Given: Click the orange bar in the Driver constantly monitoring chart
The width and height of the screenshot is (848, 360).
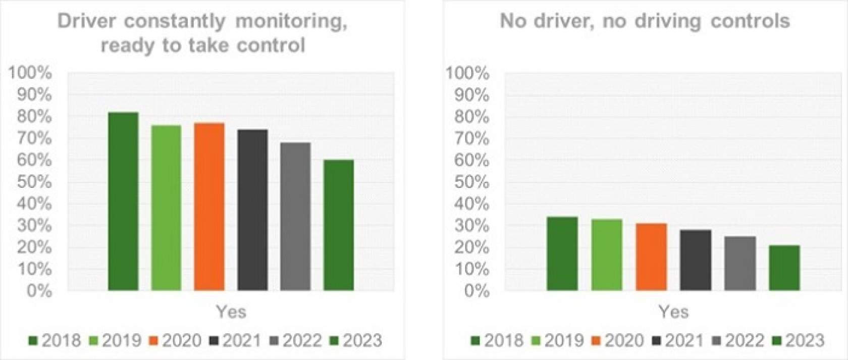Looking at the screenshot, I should click(209, 207).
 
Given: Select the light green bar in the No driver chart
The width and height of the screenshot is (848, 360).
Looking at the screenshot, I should click(607, 254).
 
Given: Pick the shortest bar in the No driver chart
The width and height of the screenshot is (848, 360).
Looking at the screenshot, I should click(784, 268).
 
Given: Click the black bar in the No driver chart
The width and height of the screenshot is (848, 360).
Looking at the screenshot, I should click(696, 260).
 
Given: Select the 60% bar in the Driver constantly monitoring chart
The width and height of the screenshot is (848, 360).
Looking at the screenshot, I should click(339, 225).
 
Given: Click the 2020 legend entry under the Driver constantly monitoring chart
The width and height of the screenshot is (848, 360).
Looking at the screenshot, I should click(176, 341).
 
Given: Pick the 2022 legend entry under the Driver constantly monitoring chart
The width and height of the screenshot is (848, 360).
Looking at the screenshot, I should click(296, 341).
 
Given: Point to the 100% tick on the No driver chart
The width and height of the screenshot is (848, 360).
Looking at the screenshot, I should click(467, 74).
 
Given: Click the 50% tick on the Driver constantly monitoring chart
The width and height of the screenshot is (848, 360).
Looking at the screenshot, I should click(34, 182).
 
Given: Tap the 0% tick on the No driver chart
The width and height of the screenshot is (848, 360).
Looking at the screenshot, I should click(476, 291).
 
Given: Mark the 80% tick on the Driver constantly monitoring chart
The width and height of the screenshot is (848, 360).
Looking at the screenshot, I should click(34, 117).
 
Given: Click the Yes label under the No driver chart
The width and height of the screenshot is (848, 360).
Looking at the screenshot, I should click(673, 312).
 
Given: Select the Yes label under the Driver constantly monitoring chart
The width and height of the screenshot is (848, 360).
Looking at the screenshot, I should click(231, 312).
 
